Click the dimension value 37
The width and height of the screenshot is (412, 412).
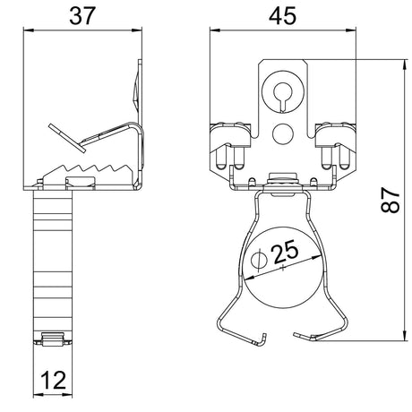[x=82, y=16]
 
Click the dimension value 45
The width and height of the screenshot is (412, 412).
[x=282, y=16]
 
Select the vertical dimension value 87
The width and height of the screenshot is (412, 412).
[x=391, y=200]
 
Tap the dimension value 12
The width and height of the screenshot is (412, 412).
[x=54, y=381]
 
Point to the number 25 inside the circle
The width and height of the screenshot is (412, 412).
[x=286, y=252]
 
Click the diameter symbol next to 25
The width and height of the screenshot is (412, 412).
[x=259, y=259]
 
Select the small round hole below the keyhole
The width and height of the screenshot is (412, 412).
[x=282, y=133]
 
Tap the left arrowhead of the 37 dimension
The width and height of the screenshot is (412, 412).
[x=28, y=30]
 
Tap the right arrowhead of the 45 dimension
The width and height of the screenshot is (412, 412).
[x=351, y=30]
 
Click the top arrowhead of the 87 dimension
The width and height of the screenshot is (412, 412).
[x=405, y=64]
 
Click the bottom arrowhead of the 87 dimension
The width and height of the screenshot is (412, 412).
[x=405, y=335]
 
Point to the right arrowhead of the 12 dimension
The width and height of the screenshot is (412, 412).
[x=68, y=395]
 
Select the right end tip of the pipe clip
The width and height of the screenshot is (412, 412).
[x=295, y=334]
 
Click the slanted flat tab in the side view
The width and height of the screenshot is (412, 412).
[x=67, y=138]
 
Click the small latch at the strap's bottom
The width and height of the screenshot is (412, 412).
[x=53, y=339]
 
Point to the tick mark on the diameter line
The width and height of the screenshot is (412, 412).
[x=283, y=268]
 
